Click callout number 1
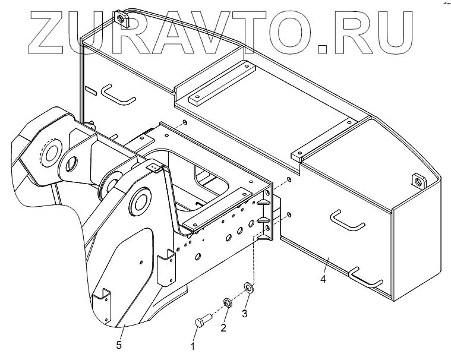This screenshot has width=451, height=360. [x=192, y=345]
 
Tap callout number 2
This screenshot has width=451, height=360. [x=224, y=327]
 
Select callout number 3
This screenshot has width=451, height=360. [x=245, y=311]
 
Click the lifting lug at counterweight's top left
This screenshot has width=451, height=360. [x=124, y=18]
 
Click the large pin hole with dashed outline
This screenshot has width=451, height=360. [x=49, y=152]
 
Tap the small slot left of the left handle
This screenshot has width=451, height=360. [x=91, y=91]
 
